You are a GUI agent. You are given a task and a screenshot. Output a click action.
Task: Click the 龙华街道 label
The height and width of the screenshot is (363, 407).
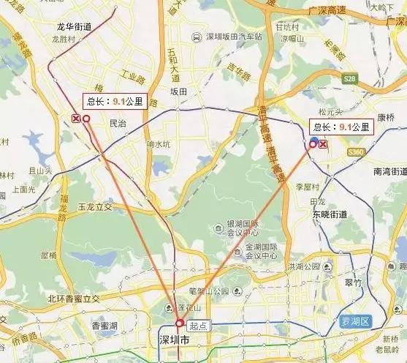click(x=74, y=26)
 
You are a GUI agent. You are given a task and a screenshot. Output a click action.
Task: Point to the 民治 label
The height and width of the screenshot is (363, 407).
click(x=117, y=124)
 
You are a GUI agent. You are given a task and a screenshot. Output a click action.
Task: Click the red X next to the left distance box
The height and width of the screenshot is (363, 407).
click(x=75, y=118)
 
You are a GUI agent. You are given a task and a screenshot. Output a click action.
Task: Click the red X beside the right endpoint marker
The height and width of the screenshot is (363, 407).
click(x=323, y=144)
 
